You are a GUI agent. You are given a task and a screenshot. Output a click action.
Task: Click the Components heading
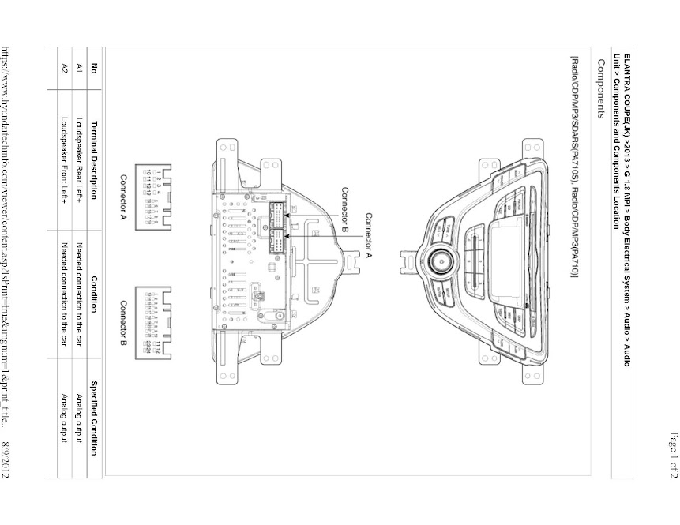coord(601,88)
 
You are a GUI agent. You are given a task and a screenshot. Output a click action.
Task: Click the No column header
coord(94,68)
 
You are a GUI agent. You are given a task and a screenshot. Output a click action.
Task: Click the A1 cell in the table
coord(79,68)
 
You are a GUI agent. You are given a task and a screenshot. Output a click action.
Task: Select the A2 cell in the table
coord(64,68)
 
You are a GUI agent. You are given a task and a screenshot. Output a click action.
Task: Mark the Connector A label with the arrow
coord(368,234)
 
